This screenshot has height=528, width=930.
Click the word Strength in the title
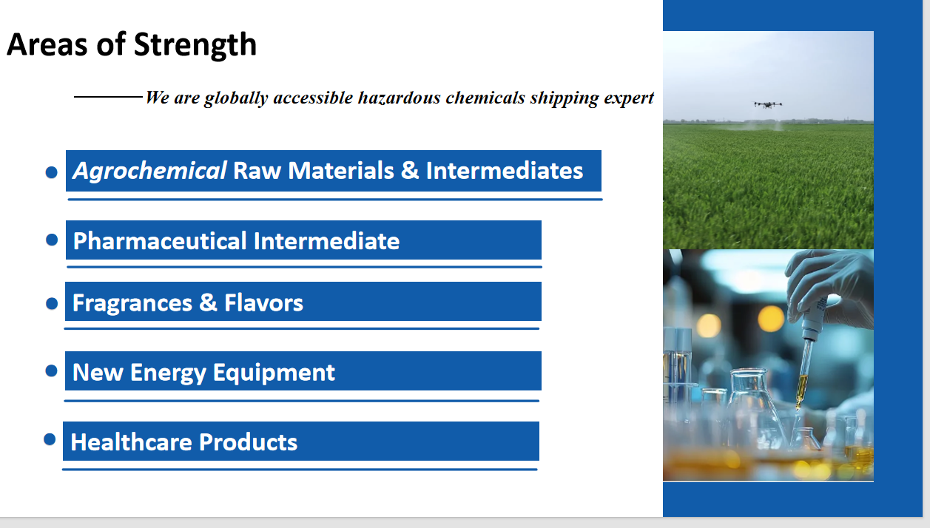click(195, 46)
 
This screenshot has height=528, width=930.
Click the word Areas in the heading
click(47, 44)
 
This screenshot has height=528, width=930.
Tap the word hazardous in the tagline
click(399, 98)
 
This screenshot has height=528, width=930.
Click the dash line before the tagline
click(108, 97)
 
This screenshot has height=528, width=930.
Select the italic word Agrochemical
click(149, 171)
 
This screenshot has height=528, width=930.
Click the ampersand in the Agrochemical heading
click(410, 171)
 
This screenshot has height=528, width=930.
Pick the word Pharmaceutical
click(160, 241)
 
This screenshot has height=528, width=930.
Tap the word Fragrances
click(132, 302)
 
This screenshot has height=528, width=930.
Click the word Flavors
click(263, 302)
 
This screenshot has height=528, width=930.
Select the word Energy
click(168, 373)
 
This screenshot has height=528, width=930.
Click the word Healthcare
click(131, 441)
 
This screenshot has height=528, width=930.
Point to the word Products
click(248, 441)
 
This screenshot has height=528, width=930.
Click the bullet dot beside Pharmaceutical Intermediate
click(52, 240)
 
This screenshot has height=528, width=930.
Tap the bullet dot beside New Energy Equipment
click(52, 370)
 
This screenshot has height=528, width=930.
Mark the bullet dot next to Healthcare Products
click(50, 439)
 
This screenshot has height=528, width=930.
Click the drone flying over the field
click(768, 104)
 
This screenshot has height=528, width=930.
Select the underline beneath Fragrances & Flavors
click(302, 329)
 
